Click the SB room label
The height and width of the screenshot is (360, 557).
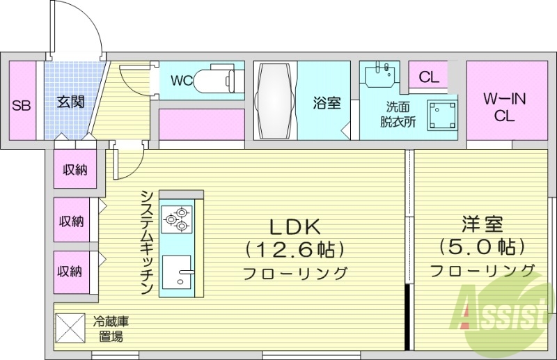tap(21, 106)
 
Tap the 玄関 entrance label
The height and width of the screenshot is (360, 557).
tap(70, 102)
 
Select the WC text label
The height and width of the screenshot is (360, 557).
tap(181, 81)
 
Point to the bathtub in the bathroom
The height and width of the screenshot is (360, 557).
tap(276, 102)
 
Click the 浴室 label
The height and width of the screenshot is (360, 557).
tap(326, 103)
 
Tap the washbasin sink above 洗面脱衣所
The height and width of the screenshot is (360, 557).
tap(379, 74)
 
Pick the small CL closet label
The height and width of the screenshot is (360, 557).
tap(429, 77)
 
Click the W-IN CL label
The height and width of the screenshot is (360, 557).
tap(504, 107)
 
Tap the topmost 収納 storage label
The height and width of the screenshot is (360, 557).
tap(74, 169)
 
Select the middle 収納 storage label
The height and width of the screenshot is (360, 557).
tap(72, 221)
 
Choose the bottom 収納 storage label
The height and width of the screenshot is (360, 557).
tap(72, 271)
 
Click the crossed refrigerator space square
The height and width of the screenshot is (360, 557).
tap(70, 327)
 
